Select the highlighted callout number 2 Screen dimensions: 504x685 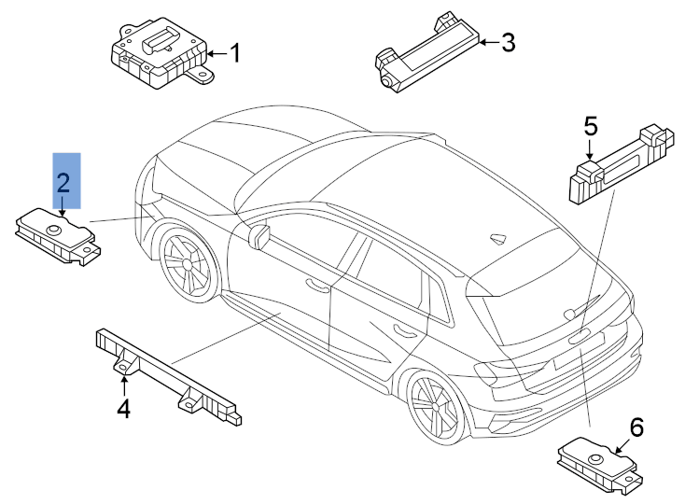(x=64, y=181)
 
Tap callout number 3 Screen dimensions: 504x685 (x=508, y=42)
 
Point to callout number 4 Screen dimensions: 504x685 (x=123, y=407)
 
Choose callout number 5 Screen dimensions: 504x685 (x=590, y=125)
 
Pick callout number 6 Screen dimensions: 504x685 (x=636, y=427)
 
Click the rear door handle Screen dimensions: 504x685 (x=404, y=329)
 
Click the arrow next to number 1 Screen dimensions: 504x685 (x=215, y=54)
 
